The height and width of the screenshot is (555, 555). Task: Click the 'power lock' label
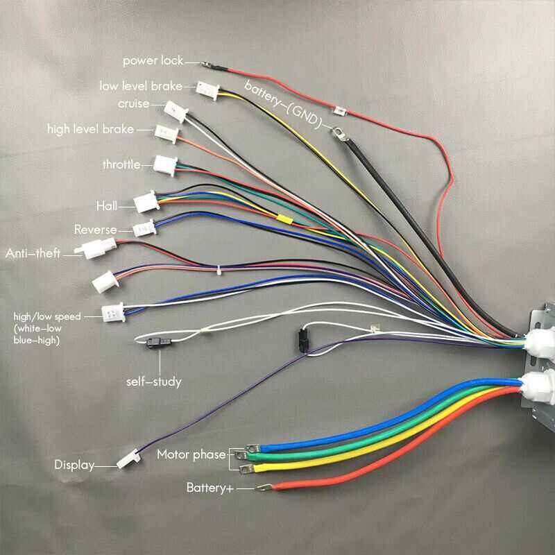point(153,61)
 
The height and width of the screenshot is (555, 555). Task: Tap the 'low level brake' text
point(141,87)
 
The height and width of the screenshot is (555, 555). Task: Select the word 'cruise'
point(133,104)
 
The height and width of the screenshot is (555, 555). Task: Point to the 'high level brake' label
point(90,129)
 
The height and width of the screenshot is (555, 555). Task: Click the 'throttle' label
point(121,164)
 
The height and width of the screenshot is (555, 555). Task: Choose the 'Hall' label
point(107,205)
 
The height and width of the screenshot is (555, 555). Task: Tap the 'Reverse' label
point(96,230)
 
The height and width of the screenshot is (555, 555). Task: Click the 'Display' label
point(74,465)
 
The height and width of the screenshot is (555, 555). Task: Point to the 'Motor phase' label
point(191,455)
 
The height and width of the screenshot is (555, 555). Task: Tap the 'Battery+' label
point(210,488)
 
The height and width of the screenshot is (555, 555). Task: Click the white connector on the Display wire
point(127,459)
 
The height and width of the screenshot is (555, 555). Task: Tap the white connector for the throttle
point(165,164)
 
